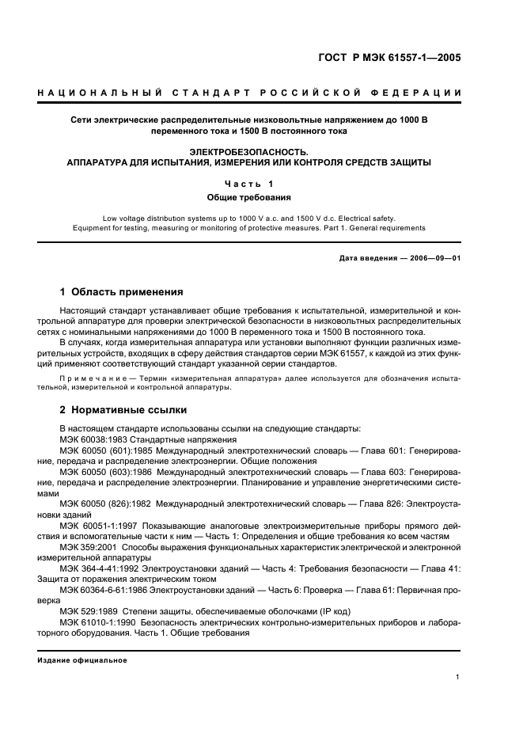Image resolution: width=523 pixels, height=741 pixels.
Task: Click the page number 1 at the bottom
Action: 458,677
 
